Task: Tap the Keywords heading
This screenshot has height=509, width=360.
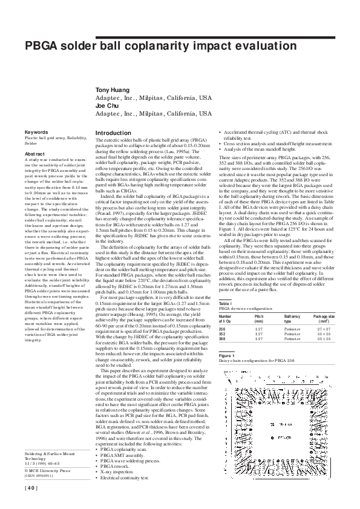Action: pyautogui.click(x=36, y=132)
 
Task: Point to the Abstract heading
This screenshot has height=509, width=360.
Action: pyautogui.click(x=34, y=154)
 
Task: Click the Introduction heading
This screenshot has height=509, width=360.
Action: pyautogui.click(x=113, y=133)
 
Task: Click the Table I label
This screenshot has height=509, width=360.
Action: pyautogui.click(x=224, y=303)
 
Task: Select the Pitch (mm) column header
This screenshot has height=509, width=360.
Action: pyautogui.click(x=259, y=318)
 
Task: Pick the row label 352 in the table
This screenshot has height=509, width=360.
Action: pyautogui.click(x=221, y=333)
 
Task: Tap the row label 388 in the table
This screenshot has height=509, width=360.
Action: pyautogui.click(x=221, y=338)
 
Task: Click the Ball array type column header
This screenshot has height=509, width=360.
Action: pyautogui.click(x=292, y=318)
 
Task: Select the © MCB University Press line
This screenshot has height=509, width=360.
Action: pyautogui.click(x=47, y=470)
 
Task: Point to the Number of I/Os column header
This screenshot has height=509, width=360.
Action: pyautogui.click(x=225, y=318)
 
